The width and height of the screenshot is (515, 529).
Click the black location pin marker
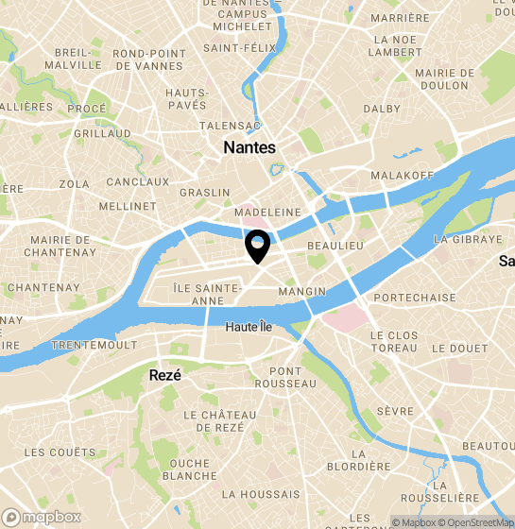[x=257, y=247]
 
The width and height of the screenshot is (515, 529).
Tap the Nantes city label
[x=249, y=147]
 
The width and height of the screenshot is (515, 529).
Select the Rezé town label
[x=164, y=375]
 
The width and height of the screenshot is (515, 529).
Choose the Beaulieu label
[x=335, y=245]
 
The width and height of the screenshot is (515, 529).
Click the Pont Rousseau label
[x=285, y=377]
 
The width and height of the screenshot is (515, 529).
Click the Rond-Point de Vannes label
[x=148, y=60]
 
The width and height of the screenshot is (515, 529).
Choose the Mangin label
[x=302, y=292]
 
